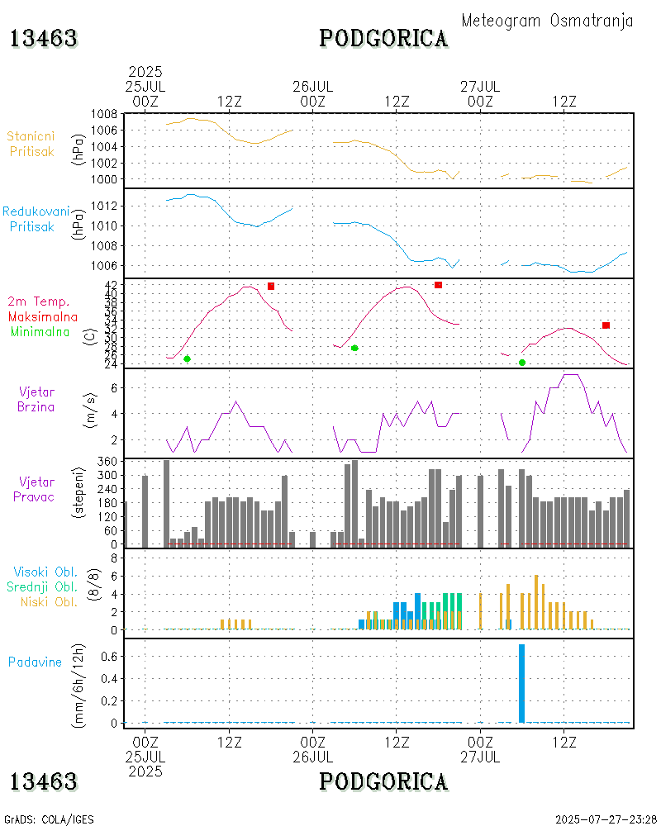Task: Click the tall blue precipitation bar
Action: (x=521, y=683)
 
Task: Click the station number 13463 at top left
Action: (x=44, y=38)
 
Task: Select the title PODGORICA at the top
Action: (x=383, y=38)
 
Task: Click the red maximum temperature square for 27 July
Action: (x=606, y=325)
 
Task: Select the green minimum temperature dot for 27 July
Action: (x=521, y=363)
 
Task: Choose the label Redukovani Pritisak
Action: (x=36, y=219)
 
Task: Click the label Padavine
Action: (x=35, y=662)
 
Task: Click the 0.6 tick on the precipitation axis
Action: (x=111, y=656)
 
